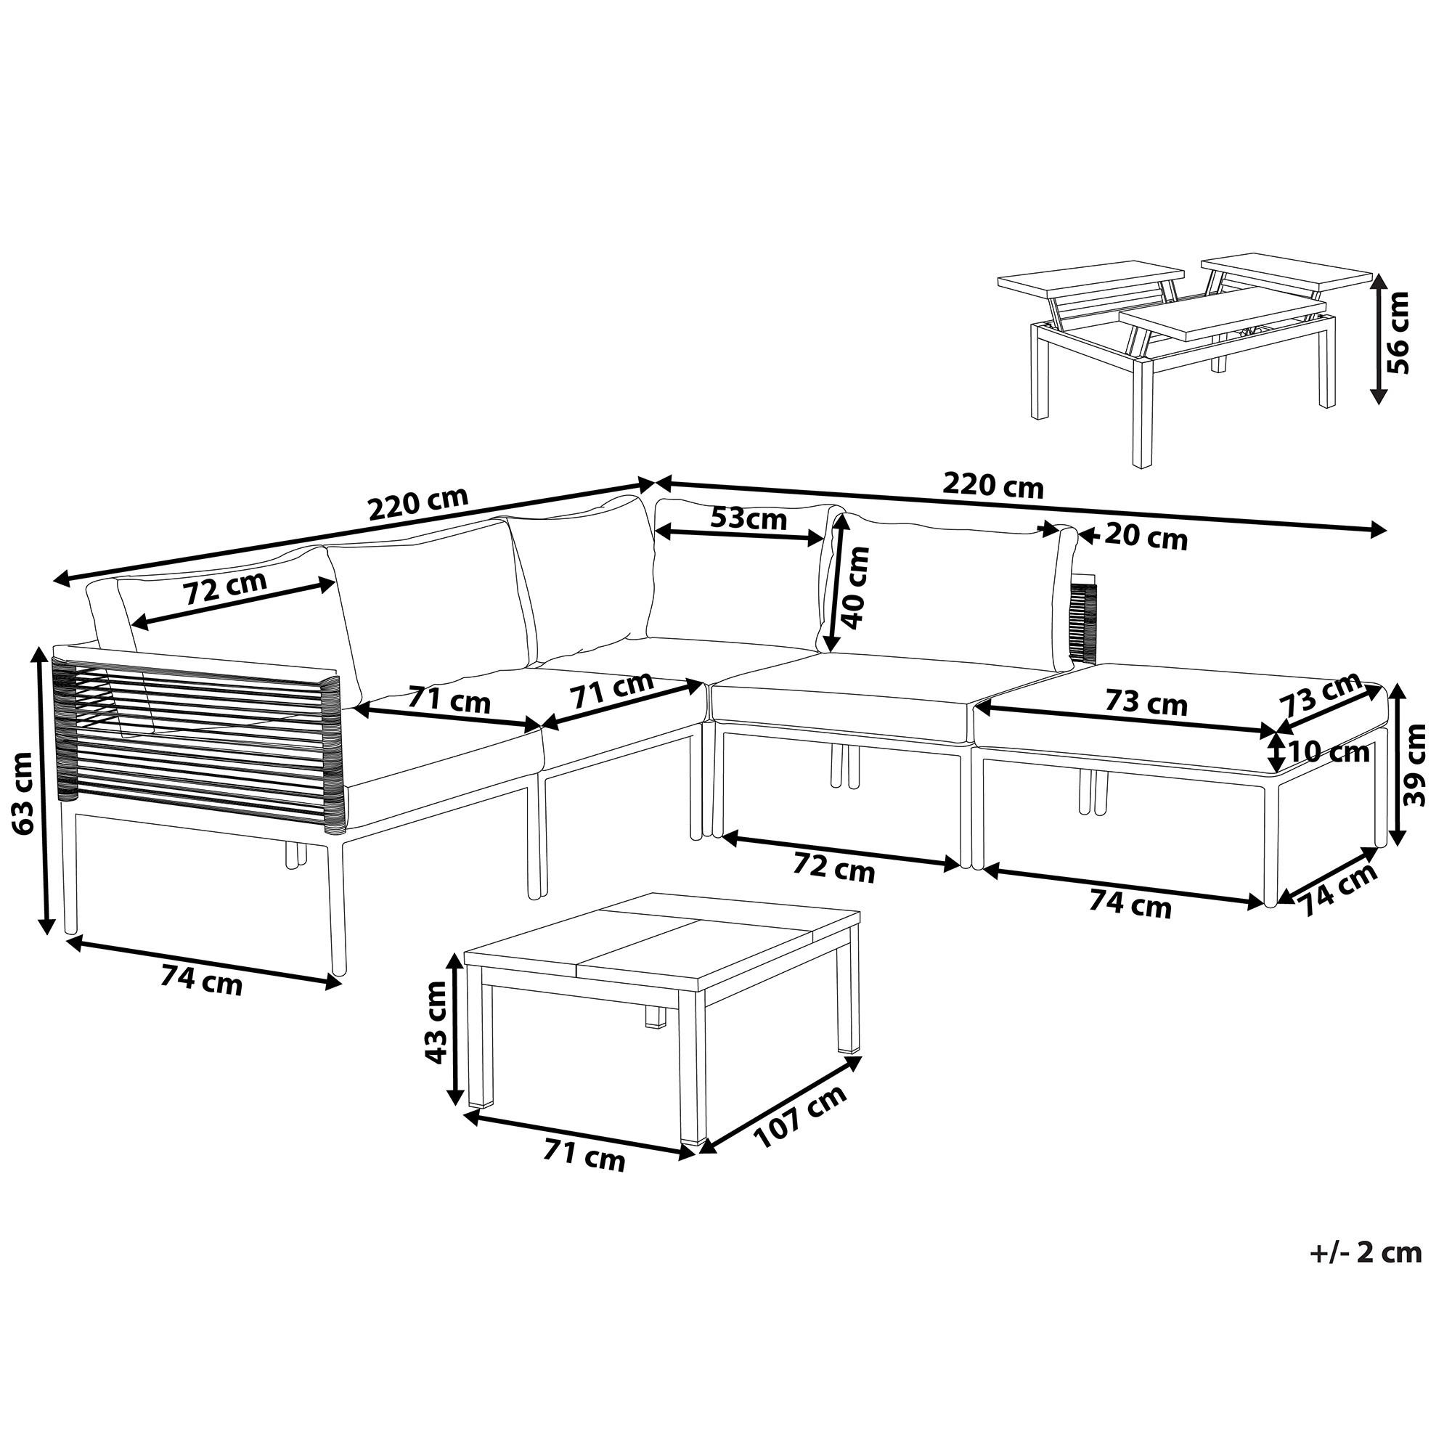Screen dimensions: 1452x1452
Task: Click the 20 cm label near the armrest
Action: [x=1146, y=538]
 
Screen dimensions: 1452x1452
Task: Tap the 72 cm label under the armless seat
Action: [x=834, y=870]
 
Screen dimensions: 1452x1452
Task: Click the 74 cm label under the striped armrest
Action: [x=201, y=981]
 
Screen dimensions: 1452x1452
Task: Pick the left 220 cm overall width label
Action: [x=418, y=505]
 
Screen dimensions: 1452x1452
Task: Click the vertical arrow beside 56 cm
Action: [x=1378, y=338]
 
